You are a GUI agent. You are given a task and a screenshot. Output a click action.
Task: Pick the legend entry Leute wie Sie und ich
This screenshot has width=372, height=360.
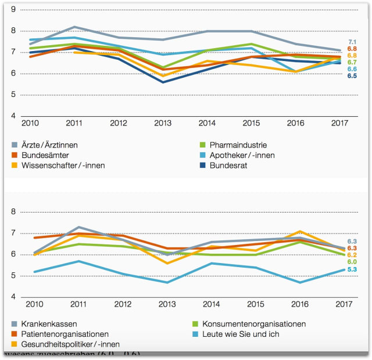pyautogui.click(x=239, y=334)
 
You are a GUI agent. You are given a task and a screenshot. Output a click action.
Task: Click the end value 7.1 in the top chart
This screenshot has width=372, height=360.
pyautogui.click(x=352, y=42)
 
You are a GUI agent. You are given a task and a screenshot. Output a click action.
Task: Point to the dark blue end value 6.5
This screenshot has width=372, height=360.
pyautogui.click(x=352, y=76)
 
